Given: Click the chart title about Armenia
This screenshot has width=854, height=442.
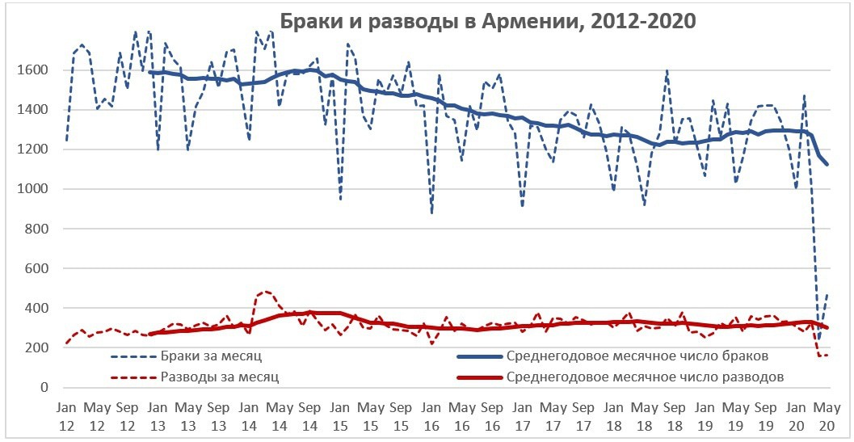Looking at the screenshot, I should click(487, 21).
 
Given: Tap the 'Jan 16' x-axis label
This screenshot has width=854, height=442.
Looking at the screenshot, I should click(432, 414).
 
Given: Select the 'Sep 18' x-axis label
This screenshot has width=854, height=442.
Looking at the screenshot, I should click(675, 414).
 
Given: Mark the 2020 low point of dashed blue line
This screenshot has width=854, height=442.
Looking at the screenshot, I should click(818, 340).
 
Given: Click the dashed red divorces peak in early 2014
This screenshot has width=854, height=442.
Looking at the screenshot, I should click(266, 291).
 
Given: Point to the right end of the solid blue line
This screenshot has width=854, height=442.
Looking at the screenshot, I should click(827, 164).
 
